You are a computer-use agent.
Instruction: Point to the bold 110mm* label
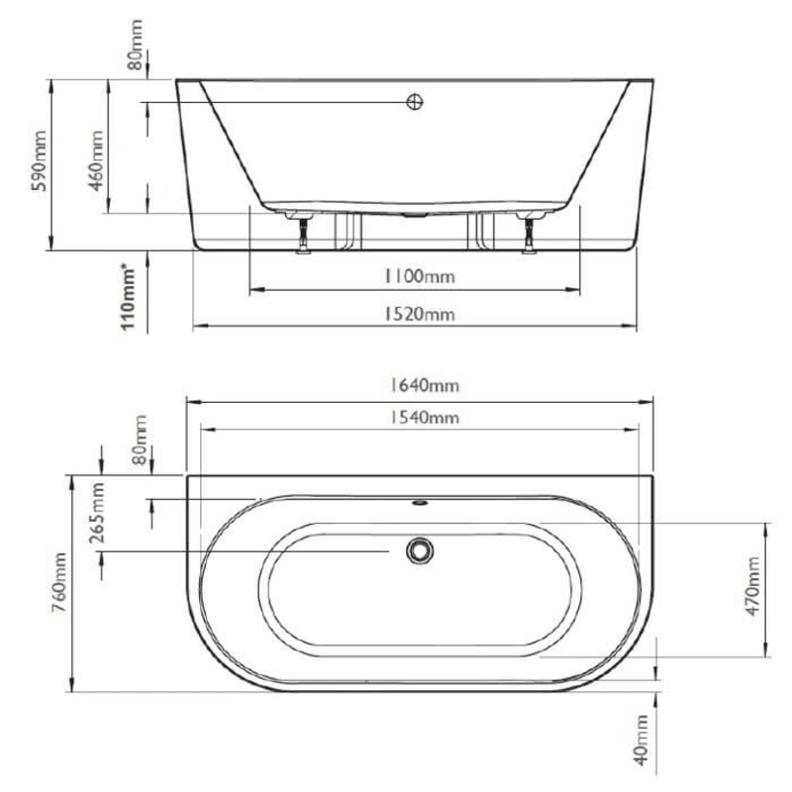(127, 295)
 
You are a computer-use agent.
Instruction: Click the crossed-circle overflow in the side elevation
(415, 102)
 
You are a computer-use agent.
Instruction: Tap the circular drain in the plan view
(420, 549)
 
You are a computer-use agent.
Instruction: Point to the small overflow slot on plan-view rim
(420, 501)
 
